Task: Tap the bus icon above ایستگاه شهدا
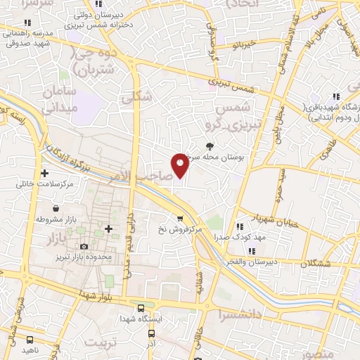click(x=141, y=309)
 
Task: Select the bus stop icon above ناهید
click(x=29, y=339)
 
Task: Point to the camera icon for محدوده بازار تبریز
click(x=84, y=246)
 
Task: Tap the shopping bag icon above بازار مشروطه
click(x=56, y=209)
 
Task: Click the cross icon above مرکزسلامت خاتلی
click(x=45, y=173)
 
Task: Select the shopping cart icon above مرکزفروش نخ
click(x=181, y=218)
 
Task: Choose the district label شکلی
click(x=136, y=98)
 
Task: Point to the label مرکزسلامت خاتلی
click(x=48, y=184)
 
